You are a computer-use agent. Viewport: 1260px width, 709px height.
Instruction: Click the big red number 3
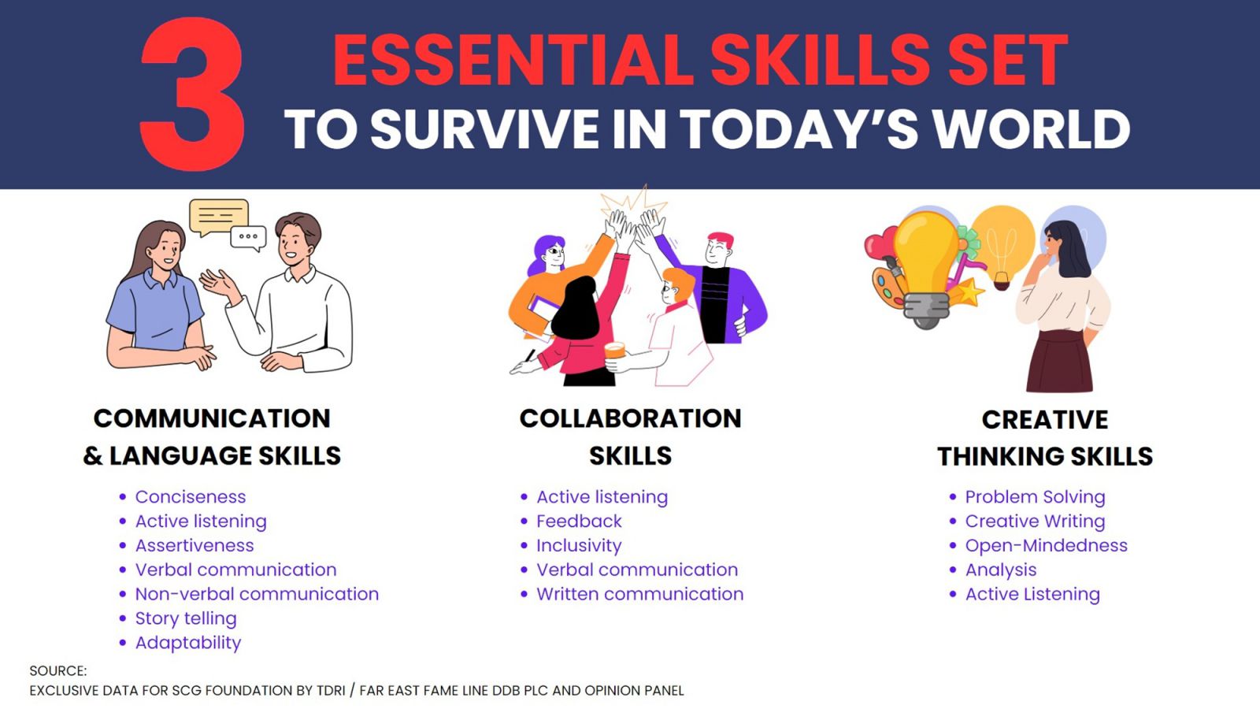coord(192,94)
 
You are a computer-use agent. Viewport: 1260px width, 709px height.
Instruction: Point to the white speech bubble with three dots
coord(248,238)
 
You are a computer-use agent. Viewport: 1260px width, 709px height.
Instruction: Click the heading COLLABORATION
coord(631,418)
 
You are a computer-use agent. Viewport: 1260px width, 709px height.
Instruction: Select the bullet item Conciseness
coord(191,497)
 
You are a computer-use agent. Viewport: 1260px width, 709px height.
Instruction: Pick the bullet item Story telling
coord(186,618)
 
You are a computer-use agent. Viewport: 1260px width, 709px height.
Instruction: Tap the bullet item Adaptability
coord(188,643)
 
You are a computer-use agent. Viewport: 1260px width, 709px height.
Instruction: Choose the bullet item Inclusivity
coord(579,545)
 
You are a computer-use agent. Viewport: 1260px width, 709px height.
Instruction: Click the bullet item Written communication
coord(639,594)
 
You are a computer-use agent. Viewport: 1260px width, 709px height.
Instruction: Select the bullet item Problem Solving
coord(1035,497)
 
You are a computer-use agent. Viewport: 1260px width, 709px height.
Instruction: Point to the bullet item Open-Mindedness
coord(1047,545)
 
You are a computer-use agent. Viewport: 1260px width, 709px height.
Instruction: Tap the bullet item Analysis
coord(1001,570)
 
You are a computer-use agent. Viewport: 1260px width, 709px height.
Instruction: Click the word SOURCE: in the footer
coord(58,670)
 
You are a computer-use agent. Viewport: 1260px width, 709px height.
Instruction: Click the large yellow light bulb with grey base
coord(926,270)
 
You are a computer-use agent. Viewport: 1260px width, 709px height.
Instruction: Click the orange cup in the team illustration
coord(615,350)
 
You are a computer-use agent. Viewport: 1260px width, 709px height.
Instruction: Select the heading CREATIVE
coord(1045,420)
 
